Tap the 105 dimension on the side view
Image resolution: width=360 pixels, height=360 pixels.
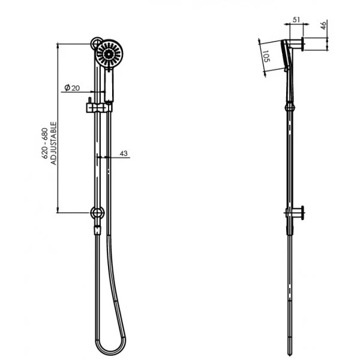point(266,59)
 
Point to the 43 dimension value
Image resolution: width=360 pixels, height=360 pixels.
point(124,154)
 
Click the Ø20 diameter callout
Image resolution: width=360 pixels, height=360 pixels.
point(73,88)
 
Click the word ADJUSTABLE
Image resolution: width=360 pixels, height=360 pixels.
point(53,145)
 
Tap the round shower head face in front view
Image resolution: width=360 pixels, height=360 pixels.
point(109,54)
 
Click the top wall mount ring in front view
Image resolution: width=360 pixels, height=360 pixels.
point(95,44)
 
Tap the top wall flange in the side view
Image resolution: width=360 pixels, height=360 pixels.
point(304,43)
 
